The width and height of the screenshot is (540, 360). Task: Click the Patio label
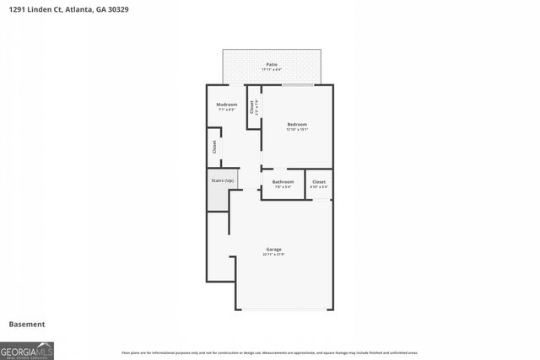(x=272, y=64)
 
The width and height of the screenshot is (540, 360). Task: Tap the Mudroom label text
(x=227, y=105)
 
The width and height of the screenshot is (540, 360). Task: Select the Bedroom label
(x=297, y=125)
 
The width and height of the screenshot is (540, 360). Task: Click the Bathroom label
(x=283, y=181)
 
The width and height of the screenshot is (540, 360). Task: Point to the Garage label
(x=273, y=249)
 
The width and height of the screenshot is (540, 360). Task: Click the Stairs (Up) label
(x=223, y=180)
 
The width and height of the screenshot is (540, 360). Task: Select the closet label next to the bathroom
(x=319, y=181)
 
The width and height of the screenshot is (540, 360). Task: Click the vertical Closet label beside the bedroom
(x=251, y=107)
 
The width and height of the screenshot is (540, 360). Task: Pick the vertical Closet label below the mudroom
(x=214, y=147)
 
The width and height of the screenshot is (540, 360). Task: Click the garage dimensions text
(x=273, y=254)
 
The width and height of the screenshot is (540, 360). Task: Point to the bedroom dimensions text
(x=297, y=130)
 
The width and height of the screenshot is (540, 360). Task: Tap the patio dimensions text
(x=272, y=69)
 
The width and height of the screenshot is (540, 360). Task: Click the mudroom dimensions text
(x=227, y=110)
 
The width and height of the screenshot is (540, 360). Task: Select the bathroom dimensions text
(x=283, y=186)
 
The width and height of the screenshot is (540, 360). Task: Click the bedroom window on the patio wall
(x=299, y=84)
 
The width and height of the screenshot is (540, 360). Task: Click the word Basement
(x=26, y=324)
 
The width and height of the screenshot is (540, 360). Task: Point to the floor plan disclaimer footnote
(x=270, y=352)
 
